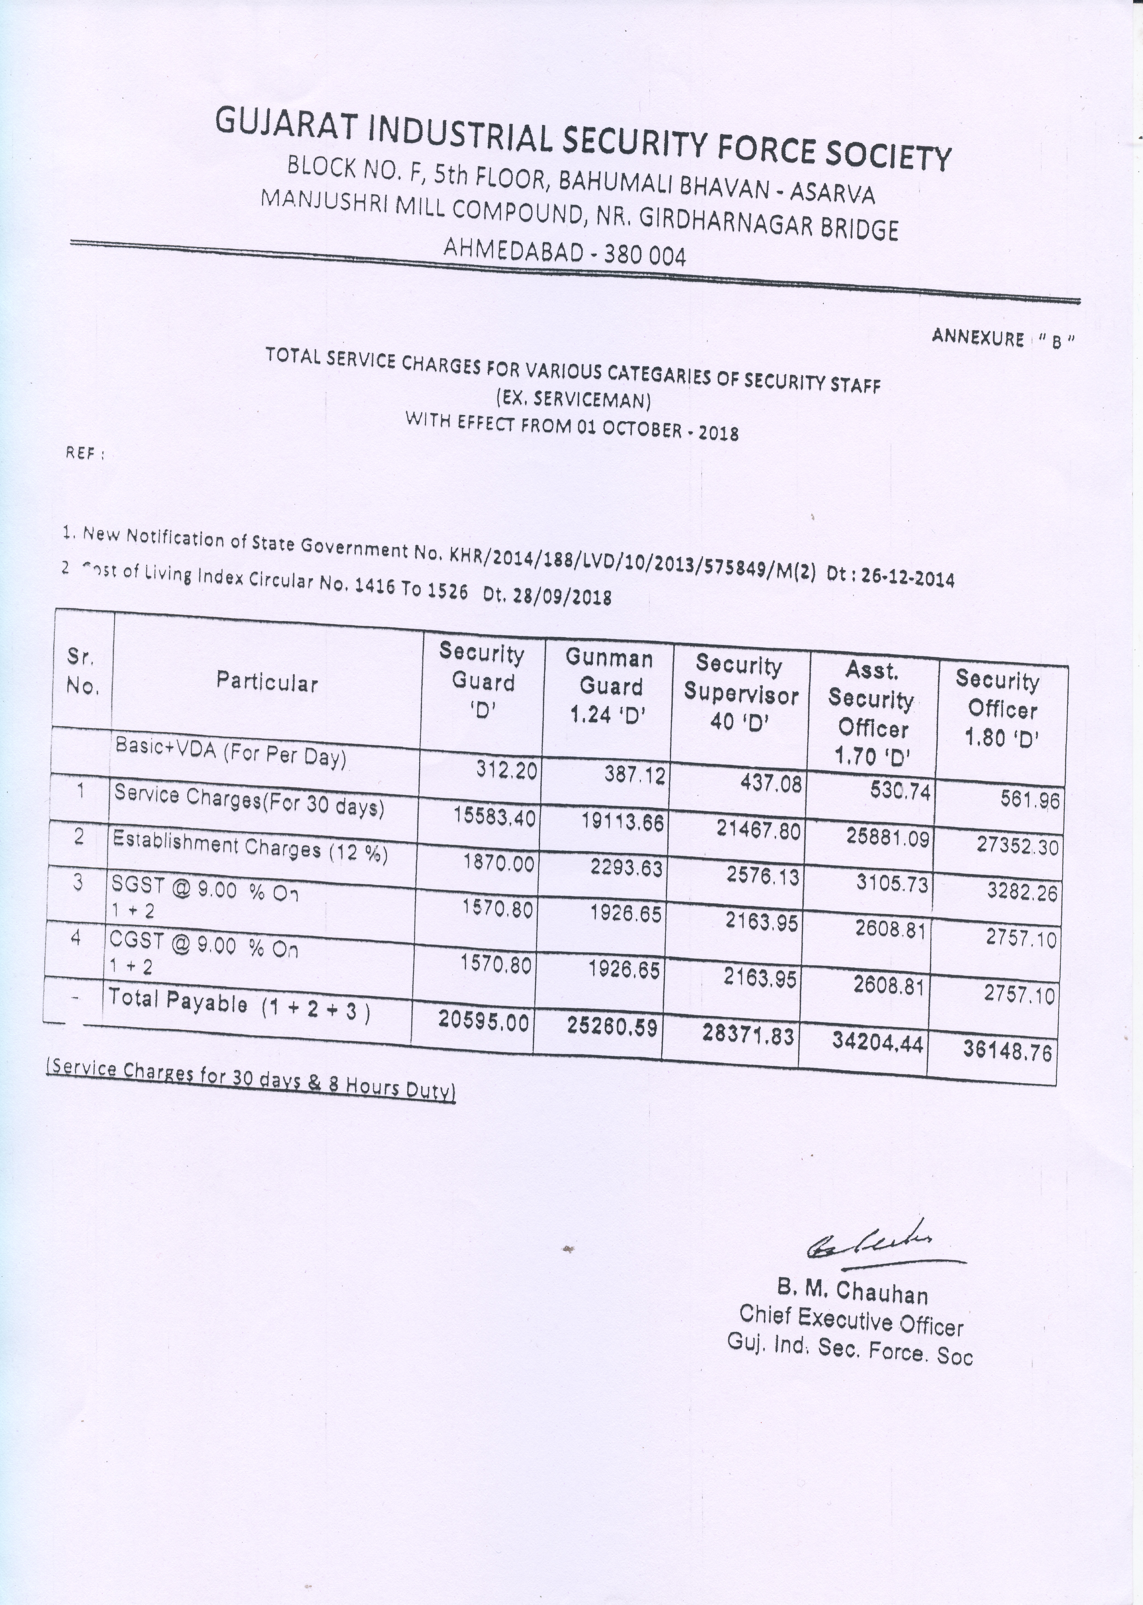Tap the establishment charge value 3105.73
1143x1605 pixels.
pos(892,883)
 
